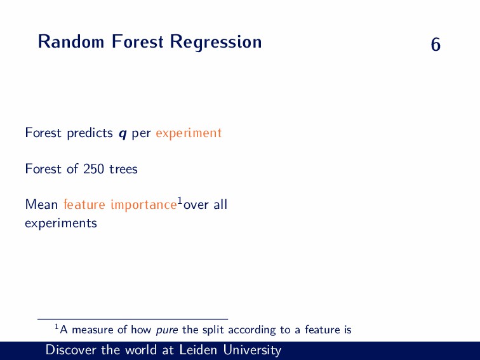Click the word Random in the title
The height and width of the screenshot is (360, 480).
(71, 41)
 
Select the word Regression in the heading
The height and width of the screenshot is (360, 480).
(216, 42)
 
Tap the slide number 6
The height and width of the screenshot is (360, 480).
(436, 44)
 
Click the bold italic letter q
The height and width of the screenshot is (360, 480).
(123, 134)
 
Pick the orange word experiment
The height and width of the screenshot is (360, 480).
(189, 133)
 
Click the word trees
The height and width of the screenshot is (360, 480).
(123, 170)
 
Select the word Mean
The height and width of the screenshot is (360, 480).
(41, 204)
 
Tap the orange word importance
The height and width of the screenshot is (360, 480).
(143, 205)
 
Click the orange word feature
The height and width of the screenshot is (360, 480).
(84, 204)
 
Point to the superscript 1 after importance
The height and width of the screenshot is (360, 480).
(180, 201)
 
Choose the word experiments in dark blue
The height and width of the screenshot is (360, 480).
(61, 223)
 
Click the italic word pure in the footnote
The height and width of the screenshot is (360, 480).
(167, 330)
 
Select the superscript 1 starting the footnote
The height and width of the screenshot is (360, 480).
(57, 327)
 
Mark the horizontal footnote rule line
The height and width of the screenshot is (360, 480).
(133, 319)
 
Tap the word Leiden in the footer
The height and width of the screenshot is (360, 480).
(198, 350)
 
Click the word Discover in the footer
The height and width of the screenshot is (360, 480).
(71, 350)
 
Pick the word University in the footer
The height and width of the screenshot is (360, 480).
(252, 350)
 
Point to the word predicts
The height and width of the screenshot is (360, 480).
(90, 133)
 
